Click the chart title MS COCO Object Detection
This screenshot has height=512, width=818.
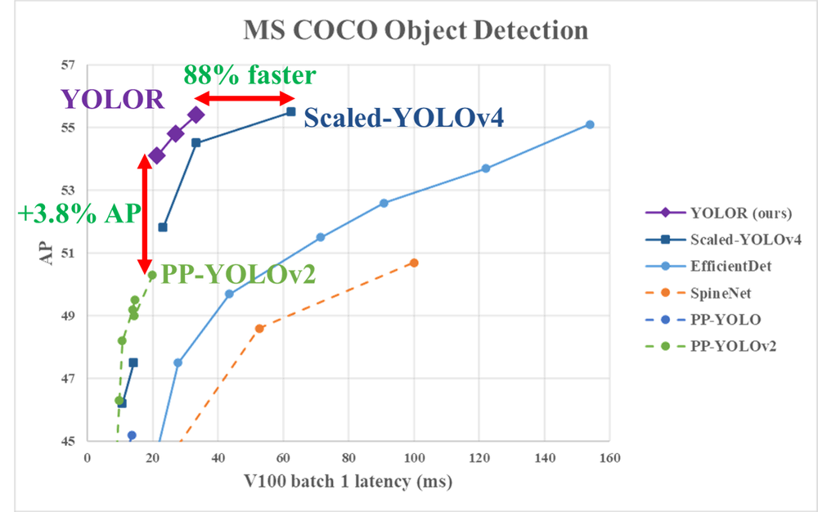pyautogui.click(x=416, y=31)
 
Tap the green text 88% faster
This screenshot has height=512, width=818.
pyautogui.click(x=249, y=75)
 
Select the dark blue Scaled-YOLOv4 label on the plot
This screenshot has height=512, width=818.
pyautogui.click(x=403, y=119)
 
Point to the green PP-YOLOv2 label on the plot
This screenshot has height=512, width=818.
pyautogui.click(x=236, y=273)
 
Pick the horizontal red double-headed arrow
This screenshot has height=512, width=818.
pyautogui.click(x=242, y=99)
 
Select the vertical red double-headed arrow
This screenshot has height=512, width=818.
pyautogui.click(x=145, y=214)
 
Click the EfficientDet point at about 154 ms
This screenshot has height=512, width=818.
pyautogui.click(x=590, y=124)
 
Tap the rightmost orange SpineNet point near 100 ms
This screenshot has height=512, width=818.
pyautogui.click(x=414, y=263)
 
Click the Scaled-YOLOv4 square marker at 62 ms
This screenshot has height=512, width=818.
pyautogui.click(x=290, y=111)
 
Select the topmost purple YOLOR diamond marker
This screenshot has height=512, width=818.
pyautogui.click(x=196, y=115)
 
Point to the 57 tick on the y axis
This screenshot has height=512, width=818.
pyautogui.click(x=68, y=65)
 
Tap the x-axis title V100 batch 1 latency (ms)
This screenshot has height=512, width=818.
pyautogui.click(x=348, y=483)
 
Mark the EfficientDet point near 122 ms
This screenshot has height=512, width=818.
pyautogui.click(x=486, y=168)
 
